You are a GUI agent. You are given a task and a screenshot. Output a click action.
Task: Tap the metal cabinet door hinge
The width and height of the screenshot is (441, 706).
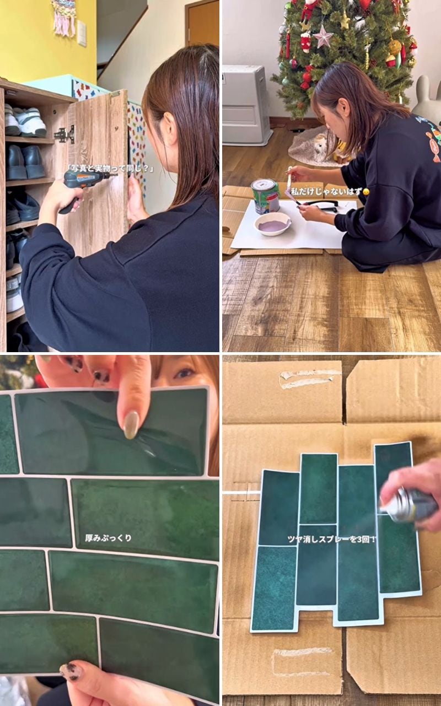tap(65, 134)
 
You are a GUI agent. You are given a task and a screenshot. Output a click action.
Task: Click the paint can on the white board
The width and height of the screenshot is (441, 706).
tap(265, 196)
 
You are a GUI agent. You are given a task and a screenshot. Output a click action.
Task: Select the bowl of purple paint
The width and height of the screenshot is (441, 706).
tap(273, 224)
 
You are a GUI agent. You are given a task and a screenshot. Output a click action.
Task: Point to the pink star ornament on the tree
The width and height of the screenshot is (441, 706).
tap(323, 36)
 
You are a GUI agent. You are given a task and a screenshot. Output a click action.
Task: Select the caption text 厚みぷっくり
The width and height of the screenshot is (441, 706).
tap(108, 538)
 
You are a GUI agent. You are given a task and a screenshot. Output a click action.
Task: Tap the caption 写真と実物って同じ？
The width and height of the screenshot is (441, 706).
tap(111, 168)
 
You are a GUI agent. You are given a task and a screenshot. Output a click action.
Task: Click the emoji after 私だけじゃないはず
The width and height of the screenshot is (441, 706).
tap(366, 192)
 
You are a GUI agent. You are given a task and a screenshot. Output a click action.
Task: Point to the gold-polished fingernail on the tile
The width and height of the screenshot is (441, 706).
tap(131, 425)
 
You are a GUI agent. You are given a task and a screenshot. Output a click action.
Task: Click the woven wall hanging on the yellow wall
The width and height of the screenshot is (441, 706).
tap(64, 17)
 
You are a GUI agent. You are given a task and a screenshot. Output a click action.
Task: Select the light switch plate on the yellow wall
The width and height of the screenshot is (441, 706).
tap(82, 33)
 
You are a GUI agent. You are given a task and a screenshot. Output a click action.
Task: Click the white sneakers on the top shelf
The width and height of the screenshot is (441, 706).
tap(25, 121)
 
